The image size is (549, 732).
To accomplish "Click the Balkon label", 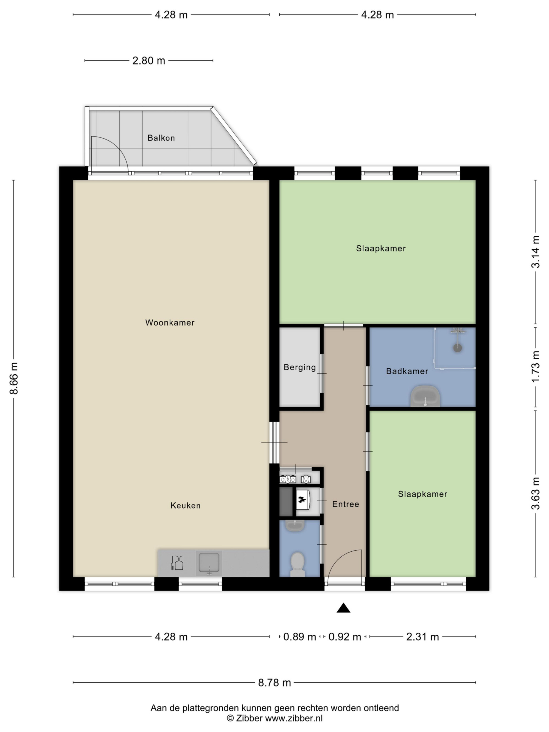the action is click(161, 138).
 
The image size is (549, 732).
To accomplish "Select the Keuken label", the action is click(185, 505).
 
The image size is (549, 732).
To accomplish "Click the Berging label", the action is click(300, 367).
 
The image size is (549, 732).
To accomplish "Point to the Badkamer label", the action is click(407, 371).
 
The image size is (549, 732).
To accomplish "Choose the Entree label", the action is click(346, 504).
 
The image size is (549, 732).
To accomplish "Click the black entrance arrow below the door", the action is click(343, 608).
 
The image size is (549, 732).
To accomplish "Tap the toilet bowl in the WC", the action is click(297, 564).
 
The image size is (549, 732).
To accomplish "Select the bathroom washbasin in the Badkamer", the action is click(425, 396).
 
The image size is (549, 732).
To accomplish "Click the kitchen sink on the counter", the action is click(209, 563).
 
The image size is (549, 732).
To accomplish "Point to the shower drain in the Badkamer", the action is click(458, 348).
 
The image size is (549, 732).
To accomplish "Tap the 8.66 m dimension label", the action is click(14, 378).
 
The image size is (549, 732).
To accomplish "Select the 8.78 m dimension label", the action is click(274, 682).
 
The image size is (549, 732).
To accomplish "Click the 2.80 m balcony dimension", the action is click(149, 61).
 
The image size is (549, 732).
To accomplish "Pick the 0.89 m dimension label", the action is click(299, 637).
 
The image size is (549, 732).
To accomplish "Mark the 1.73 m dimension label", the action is click(536, 366).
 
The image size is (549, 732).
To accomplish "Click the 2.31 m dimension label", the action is click(422, 637).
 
